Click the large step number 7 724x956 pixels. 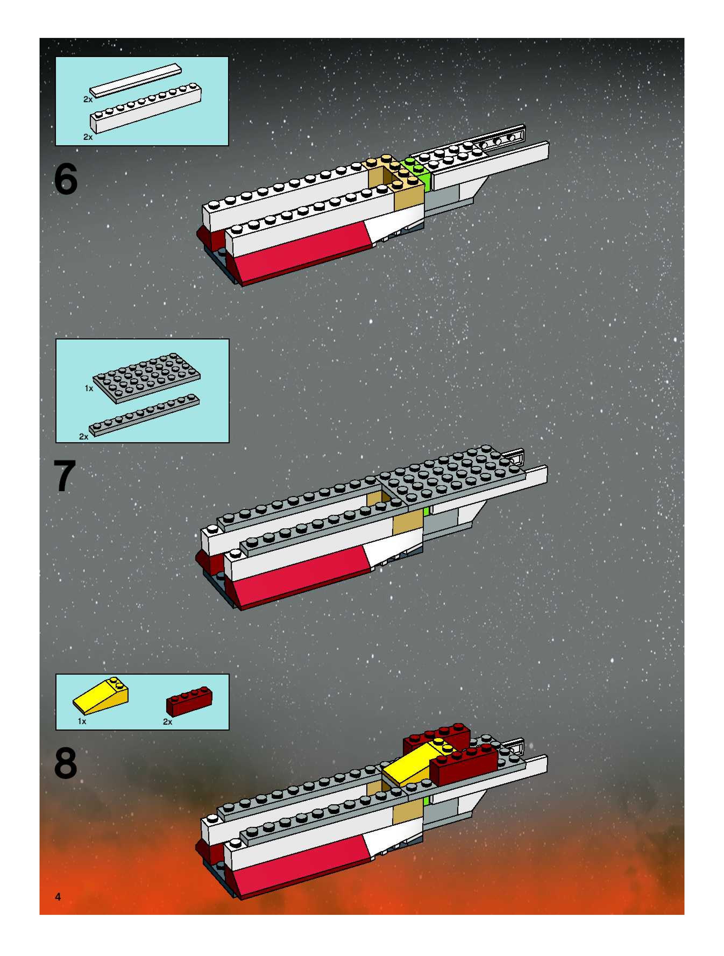point(65,476)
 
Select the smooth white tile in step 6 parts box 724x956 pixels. point(135,81)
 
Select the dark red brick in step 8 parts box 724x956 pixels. point(189,700)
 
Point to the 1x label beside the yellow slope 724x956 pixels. point(82,721)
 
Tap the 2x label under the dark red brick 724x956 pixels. point(167,722)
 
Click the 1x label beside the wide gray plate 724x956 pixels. point(88,388)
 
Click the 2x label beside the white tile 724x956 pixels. point(88,100)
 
